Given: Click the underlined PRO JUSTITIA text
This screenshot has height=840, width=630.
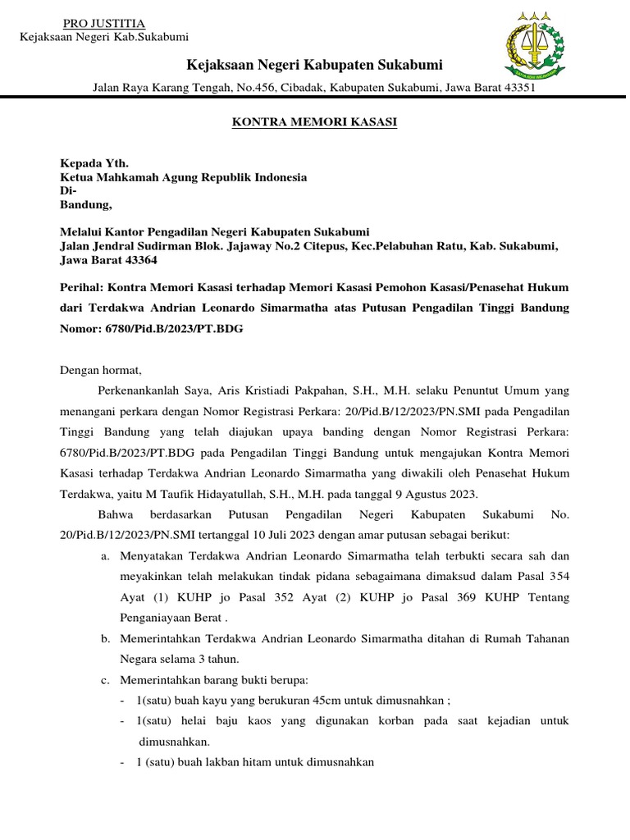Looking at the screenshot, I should click(x=103, y=23).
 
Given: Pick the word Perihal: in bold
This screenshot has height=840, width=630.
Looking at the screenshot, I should click(x=82, y=288).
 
